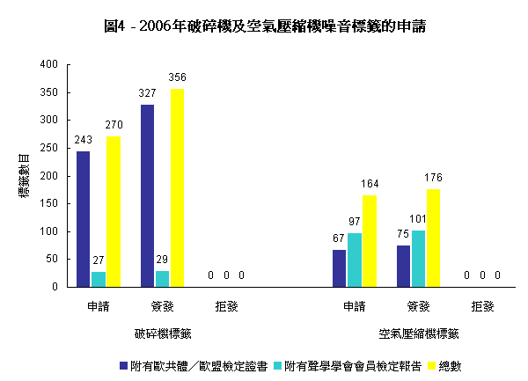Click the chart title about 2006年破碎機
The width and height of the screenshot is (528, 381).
[264, 26]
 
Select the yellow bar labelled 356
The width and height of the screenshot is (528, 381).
[178, 187]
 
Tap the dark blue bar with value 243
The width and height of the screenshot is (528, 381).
[84, 218]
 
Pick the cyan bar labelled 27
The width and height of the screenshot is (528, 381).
[99, 279]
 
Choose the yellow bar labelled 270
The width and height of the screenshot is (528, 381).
[114, 211]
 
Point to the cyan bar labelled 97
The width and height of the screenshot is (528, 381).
[355, 260]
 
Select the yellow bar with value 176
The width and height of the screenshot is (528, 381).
[433, 238]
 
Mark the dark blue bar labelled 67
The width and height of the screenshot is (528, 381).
[340, 267]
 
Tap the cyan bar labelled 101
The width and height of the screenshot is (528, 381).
[418, 259]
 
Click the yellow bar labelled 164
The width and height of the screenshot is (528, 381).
[370, 241]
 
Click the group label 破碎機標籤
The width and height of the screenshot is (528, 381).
[163, 334]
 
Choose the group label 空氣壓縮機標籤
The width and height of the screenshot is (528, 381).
[419, 334]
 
